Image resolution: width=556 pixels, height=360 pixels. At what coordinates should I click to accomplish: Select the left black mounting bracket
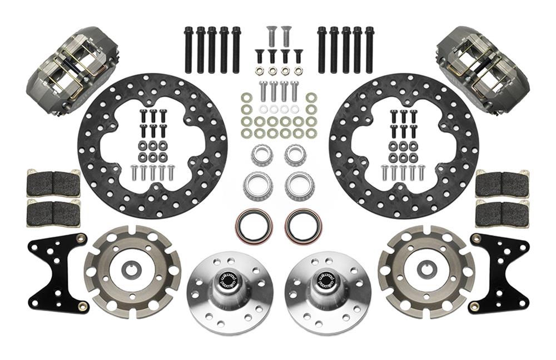[x=56, y=272]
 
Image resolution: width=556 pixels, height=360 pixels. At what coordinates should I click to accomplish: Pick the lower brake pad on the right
[x=502, y=212]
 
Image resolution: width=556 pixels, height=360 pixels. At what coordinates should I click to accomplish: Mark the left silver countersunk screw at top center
[x=271, y=34]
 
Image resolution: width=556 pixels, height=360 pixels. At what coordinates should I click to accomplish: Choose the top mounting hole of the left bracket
[x=82, y=238]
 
